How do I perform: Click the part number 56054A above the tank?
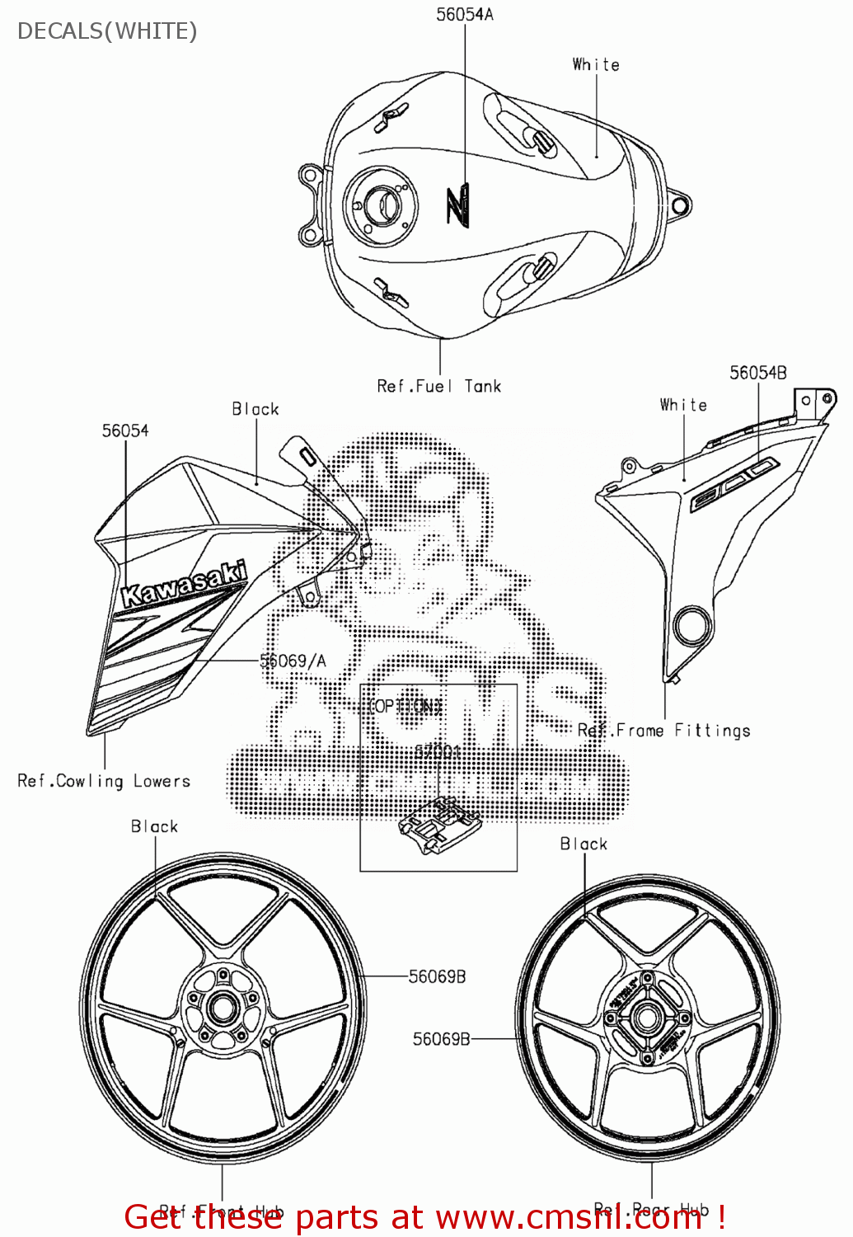tap(465, 15)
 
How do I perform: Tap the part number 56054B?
tap(757, 373)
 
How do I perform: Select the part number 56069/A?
tap(293, 661)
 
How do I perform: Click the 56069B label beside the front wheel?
tap(437, 976)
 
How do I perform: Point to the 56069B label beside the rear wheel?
tap(441, 1039)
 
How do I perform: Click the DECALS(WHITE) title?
tap(107, 31)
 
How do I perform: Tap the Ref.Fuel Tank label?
tap(438, 386)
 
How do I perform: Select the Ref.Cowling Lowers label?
tap(104, 781)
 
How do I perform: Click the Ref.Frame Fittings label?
tap(663, 731)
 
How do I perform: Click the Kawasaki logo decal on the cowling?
tap(183, 585)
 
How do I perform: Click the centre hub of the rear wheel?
tap(647, 1018)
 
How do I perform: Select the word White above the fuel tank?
tap(596, 64)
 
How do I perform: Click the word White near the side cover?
tap(683, 405)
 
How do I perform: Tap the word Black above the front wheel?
tap(154, 826)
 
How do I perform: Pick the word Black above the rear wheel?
tap(584, 844)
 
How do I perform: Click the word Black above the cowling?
tap(255, 409)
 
